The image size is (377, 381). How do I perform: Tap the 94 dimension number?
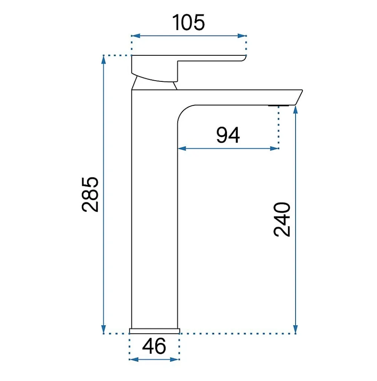coord(228,135)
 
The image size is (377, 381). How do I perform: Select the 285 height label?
coord(90,194)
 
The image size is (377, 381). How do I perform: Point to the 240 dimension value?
coord(282,219)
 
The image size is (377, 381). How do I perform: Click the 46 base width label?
coord(154,346)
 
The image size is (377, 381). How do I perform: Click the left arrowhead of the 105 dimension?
coord(136,36)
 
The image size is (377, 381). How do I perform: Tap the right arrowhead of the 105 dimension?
coord(242,36)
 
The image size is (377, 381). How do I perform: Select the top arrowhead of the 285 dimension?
coord(104,60)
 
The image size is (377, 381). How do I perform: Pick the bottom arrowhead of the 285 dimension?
coord(104,329)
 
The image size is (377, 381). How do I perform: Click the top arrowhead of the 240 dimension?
coord(296,110)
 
